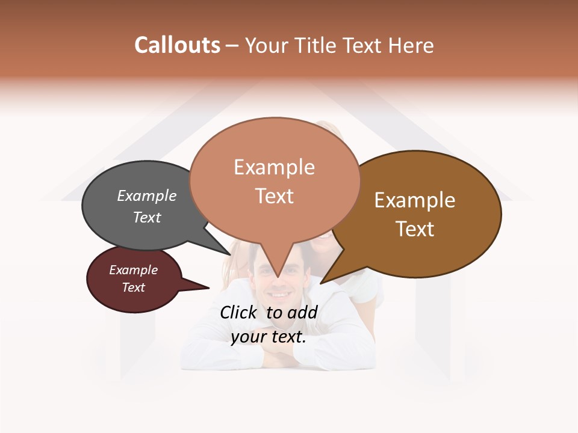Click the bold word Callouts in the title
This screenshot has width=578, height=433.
pyautogui.click(x=177, y=45)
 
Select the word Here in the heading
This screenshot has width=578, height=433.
pyautogui.click(x=411, y=45)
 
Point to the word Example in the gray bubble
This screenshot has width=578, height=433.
pyautogui.click(x=147, y=195)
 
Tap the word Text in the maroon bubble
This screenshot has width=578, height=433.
pyautogui.click(x=133, y=287)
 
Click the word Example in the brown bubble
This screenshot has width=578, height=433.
pyautogui.click(x=415, y=200)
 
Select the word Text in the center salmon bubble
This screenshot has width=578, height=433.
pyautogui.click(x=275, y=196)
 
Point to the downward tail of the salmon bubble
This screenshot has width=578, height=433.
pyautogui.click(x=277, y=268)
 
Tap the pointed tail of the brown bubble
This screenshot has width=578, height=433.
pyautogui.click(x=328, y=277)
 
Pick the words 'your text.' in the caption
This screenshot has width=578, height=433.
pyautogui.click(x=269, y=337)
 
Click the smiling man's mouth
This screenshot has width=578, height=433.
pyautogui.click(x=279, y=295)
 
